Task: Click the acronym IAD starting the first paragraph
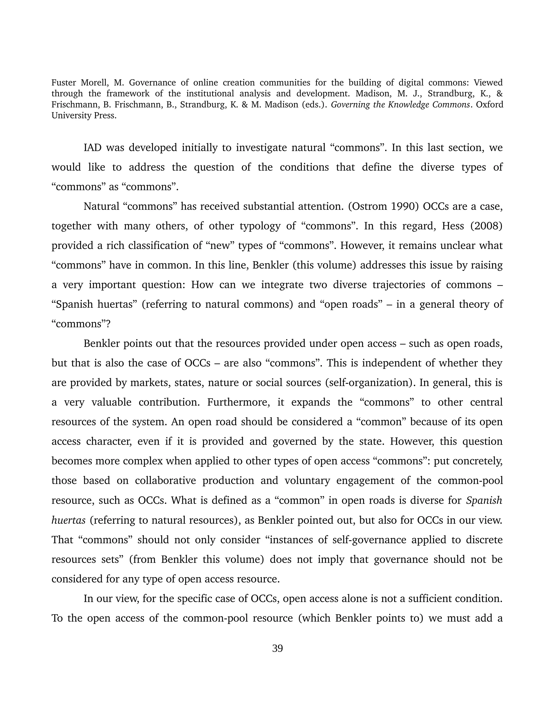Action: click(x=93, y=148)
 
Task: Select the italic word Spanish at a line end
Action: click(x=484, y=500)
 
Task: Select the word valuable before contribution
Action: click(x=111, y=402)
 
